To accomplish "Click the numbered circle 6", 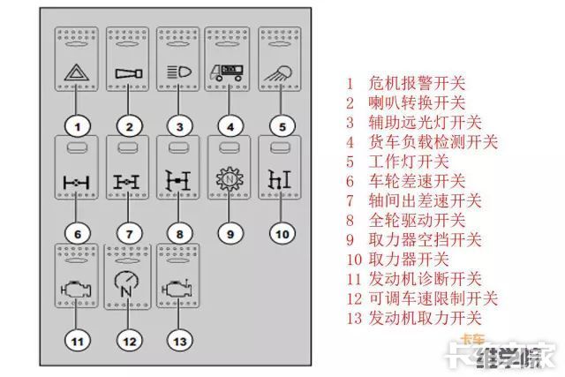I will point(78,234).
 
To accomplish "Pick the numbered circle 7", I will point(129,234).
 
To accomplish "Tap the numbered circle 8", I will point(179,234).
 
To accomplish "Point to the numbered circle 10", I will point(281,234).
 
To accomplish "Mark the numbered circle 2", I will point(129,127).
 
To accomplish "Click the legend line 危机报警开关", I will point(406,85).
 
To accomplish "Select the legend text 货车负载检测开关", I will point(422,142).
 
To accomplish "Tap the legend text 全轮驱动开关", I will point(406,220).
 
